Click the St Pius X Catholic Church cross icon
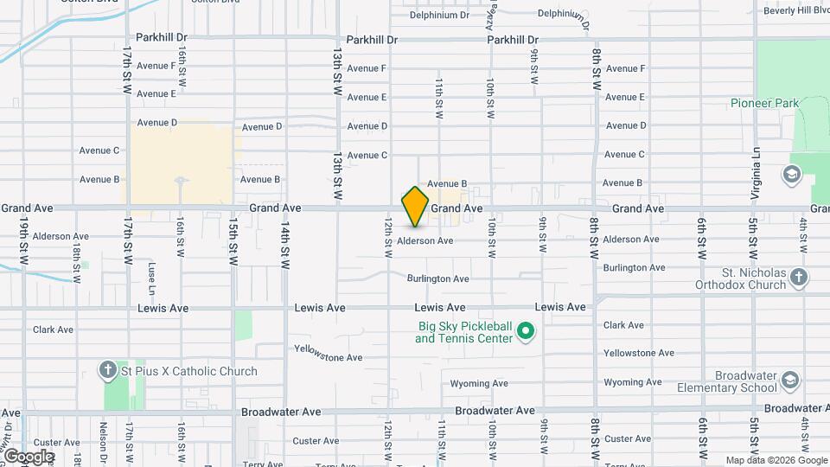[x=108, y=371]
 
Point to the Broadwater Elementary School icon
[x=790, y=381]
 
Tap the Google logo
[x=29, y=457]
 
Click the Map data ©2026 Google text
[x=776, y=460]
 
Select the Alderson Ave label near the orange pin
[x=425, y=240]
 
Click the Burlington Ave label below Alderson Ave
[x=439, y=278]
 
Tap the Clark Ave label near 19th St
[x=53, y=329]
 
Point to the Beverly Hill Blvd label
[x=796, y=10]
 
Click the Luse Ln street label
[x=151, y=276]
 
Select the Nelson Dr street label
[x=103, y=437]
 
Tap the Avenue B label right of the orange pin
[x=447, y=184]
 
